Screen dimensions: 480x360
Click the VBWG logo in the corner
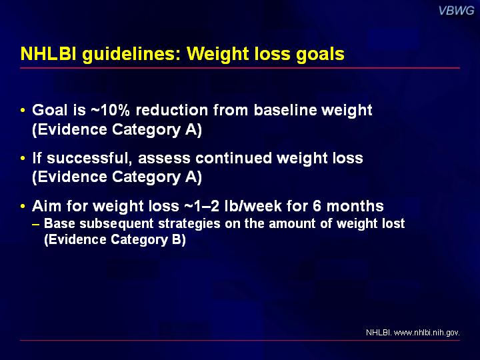click(x=456, y=11)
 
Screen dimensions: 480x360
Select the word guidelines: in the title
click(x=131, y=55)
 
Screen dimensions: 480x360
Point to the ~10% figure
click(x=110, y=110)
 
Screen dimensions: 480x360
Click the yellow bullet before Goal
click(x=23, y=110)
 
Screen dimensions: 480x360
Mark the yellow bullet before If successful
click(x=23, y=158)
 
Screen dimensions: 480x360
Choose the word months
click(x=355, y=206)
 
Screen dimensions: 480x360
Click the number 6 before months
click(x=317, y=206)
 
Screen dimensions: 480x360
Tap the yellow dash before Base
click(x=35, y=224)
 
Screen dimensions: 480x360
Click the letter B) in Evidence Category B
click(x=179, y=239)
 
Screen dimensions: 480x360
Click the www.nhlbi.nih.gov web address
click(x=427, y=333)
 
